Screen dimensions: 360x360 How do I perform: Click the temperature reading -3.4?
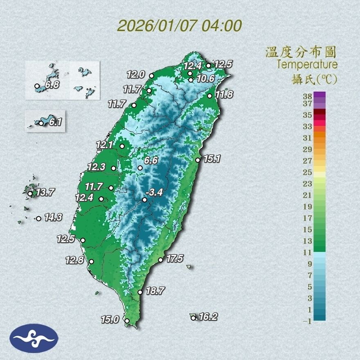(x=155, y=192)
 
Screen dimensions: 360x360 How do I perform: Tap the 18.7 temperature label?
(x=155, y=291)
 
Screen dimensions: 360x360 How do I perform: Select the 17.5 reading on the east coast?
(x=175, y=258)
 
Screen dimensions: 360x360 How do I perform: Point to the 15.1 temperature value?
(x=212, y=159)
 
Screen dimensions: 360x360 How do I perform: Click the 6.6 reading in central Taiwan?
(x=151, y=160)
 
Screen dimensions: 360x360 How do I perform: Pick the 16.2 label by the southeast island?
(x=208, y=316)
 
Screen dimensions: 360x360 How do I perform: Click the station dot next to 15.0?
(x=127, y=321)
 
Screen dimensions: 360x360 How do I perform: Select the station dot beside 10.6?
(x=191, y=80)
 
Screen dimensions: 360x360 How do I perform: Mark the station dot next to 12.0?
(x=151, y=76)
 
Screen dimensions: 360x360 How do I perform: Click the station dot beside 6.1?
(x=41, y=123)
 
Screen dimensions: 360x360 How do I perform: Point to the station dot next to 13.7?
(x=30, y=193)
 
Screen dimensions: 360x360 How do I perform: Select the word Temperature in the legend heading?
(x=307, y=64)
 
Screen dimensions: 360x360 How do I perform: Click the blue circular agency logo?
(x=34, y=338)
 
